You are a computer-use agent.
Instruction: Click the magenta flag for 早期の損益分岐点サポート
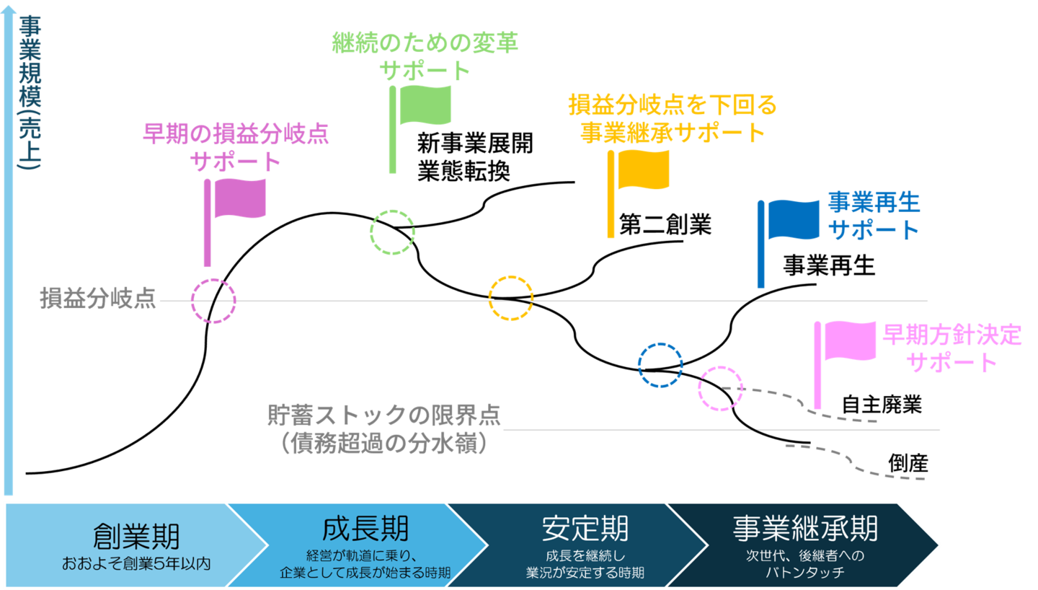click(x=240, y=198)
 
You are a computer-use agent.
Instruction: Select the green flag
click(x=425, y=105)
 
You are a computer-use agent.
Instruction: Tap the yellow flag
click(x=643, y=169)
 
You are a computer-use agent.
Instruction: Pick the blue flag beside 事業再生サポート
click(x=793, y=220)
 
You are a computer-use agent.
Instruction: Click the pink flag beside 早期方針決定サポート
click(x=850, y=340)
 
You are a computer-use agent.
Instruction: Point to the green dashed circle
click(x=392, y=232)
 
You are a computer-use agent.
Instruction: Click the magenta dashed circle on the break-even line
click(x=213, y=301)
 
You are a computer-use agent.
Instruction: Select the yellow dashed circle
click(x=511, y=297)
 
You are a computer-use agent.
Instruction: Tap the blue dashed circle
click(x=660, y=365)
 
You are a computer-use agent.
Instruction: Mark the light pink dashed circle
click(x=720, y=388)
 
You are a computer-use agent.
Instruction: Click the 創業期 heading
click(x=136, y=536)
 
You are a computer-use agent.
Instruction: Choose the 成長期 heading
click(x=365, y=528)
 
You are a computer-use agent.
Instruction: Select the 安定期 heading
click(x=585, y=528)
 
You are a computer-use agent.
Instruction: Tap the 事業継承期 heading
click(x=804, y=528)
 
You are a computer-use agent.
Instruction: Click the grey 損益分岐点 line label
click(x=98, y=298)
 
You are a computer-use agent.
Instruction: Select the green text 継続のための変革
click(x=425, y=43)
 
